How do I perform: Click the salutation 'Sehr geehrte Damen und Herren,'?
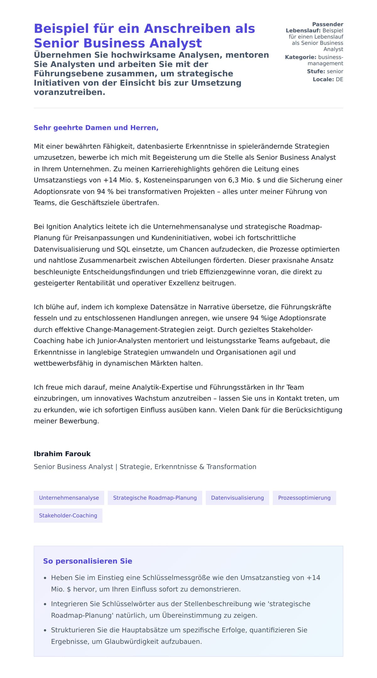point(96,128)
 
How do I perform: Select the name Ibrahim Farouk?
point(62,454)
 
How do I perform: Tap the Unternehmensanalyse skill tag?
point(69,498)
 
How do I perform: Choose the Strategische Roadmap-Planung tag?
point(155,498)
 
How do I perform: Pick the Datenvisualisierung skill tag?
point(237,498)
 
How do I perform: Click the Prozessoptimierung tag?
point(304,498)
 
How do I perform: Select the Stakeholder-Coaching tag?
point(68,515)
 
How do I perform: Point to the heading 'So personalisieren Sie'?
point(88,561)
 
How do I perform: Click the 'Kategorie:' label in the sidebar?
point(301,57)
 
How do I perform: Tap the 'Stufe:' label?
point(316,71)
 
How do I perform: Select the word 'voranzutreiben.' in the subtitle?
point(69,92)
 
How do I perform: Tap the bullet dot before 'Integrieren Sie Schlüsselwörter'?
point(45,604)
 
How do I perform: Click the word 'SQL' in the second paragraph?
point(123,249)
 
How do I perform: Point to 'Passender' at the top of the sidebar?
point(328,24)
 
